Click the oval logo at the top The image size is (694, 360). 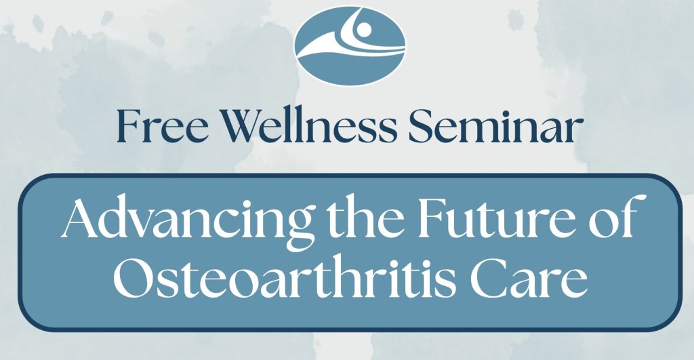(350, 42)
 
